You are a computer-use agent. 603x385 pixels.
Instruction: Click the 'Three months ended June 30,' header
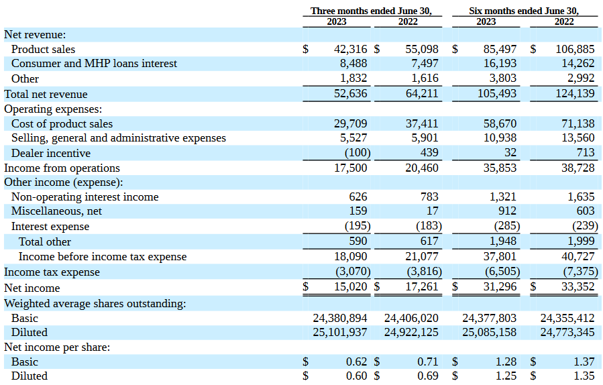click(x=371, y=11)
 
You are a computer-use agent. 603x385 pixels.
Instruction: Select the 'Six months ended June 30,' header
click(x=524, y=11)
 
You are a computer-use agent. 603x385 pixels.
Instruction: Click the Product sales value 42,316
click(x=350, y=49)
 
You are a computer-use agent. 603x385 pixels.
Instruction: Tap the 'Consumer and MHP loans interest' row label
click(x=94, y=64)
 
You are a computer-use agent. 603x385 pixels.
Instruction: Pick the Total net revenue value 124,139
click(x=575, y=94)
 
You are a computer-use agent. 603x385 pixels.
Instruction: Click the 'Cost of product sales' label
click(x=62, y=123)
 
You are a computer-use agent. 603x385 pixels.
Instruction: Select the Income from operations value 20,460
click(x=421, y=168)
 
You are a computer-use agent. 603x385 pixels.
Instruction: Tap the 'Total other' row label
click(x=44, y=241)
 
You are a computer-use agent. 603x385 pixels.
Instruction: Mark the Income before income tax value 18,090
click(x=350, y=257)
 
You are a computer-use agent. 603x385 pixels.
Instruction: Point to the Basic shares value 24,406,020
click(x=411, y=318)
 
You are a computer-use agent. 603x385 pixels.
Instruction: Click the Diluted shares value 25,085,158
click(x=490, y=332)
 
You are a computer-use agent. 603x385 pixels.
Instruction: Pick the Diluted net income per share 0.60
click(x=356, y=376)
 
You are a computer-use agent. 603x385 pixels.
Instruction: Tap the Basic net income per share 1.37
click(x=584, y=362)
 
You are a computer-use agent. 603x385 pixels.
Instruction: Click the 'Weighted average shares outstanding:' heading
click(x=95, y=303)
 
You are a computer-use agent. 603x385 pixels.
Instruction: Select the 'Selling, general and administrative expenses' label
click(x=118, y=138)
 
